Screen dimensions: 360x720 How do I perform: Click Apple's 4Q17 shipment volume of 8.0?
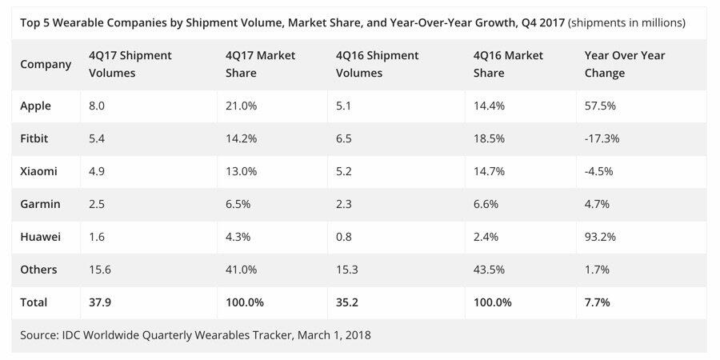click(x=97, y=106)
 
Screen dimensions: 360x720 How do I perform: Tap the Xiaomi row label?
click(x=38, y=171)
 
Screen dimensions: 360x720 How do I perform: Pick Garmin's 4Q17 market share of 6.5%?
click(x=238, y=204)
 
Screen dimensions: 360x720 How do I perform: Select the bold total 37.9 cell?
click(x=100, y=302)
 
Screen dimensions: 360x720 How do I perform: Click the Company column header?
click(x=46, y=64)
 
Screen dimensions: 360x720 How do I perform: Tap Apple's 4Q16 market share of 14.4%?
click(x=488, y=106)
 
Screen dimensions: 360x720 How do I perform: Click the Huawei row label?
click(x=39, y=237)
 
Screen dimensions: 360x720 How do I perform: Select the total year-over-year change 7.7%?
click(x=597, y=302)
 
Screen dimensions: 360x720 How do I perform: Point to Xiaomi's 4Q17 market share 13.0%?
click(x=241, y=171)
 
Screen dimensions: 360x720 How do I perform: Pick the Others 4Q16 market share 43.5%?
click(x=488, y=270)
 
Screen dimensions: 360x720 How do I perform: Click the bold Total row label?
click(x=34, y=302)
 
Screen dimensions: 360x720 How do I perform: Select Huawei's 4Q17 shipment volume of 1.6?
click(x=97, y=237)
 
